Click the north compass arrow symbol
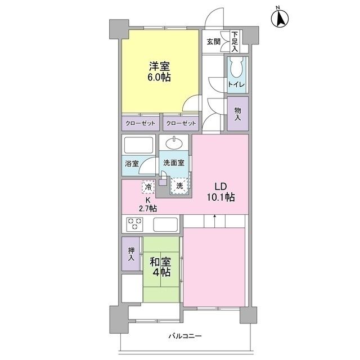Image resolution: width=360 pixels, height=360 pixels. point(280,19)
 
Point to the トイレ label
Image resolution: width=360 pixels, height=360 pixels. point(236,84)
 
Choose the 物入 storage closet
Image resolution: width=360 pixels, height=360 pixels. point(237,115)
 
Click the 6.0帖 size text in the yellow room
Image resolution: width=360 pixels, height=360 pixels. point(159,78)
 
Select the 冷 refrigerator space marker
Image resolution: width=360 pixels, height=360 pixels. point(148,186)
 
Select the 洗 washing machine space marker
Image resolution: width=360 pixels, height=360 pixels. point(179,184)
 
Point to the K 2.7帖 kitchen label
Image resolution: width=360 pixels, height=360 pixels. point(148,204)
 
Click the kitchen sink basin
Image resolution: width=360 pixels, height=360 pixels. point(167,225)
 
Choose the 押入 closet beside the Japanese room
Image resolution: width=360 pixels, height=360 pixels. point(130,255)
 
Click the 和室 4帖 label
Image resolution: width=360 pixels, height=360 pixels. point(160,266)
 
